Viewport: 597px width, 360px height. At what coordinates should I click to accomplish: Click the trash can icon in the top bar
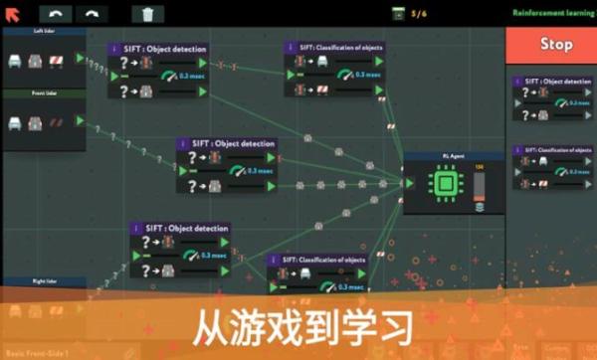(147, 14)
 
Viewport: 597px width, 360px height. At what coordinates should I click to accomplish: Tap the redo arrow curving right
(92, 14)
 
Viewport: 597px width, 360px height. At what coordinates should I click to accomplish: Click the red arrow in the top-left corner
(13, 13)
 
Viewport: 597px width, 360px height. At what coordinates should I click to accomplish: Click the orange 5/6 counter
(419, 13)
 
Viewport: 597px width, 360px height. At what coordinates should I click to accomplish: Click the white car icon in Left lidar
(17, 61)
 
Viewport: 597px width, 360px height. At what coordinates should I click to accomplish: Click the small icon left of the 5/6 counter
(398, 13)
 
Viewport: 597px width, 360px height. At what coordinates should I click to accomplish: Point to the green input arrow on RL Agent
(408, 183)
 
